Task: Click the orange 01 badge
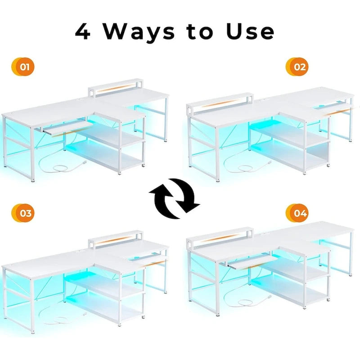(x=23, y=67)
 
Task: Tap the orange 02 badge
(x=297, y=67)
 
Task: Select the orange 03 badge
(x=23, y=213)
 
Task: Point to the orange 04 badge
(x=297, y=213)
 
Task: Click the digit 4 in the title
(x=83, y=31)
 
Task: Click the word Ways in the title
(x=139, y=32)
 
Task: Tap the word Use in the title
(x=250, y=31)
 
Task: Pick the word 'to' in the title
(x=200, y=31)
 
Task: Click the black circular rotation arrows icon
(x=175, y=198)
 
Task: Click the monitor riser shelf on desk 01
(x=116, y=87)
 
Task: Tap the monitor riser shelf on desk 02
(x=220, y=103)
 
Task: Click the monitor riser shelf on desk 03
(x=116, y=239)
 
